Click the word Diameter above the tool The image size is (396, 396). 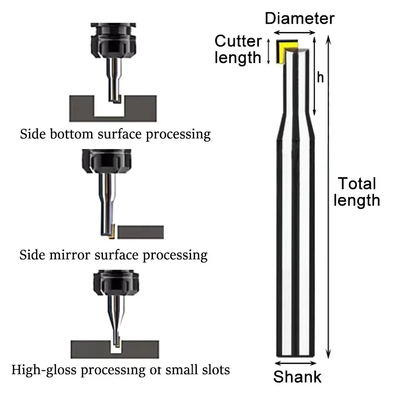[300, 19]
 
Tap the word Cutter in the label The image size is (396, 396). [238, 41]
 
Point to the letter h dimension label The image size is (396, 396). [320, 78]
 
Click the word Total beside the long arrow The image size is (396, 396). [357, 184]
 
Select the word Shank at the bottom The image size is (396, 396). [297, 377]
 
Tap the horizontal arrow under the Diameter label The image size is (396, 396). [295, 33]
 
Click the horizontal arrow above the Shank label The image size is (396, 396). [296, 362]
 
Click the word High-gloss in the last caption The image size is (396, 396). [40, 369]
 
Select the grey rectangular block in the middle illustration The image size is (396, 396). [141, 232]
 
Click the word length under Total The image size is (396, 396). [357, 200]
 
